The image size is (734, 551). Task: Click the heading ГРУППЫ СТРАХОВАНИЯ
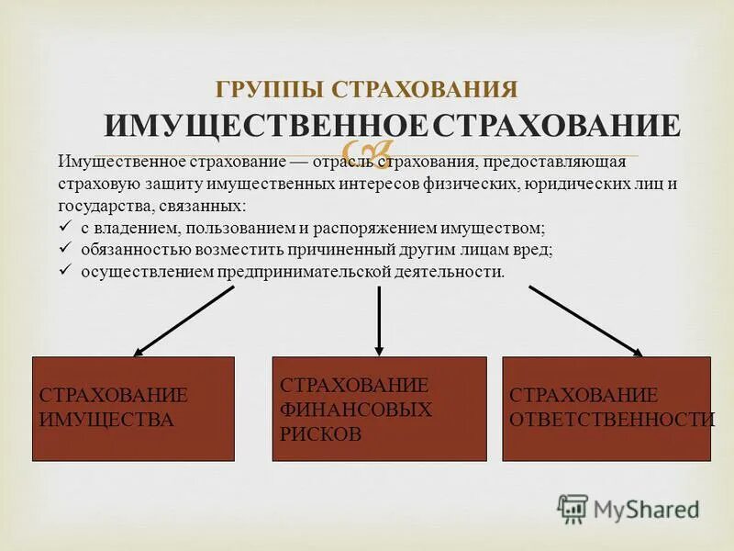tap(367, 90)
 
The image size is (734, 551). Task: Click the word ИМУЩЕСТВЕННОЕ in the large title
tap(266, 126)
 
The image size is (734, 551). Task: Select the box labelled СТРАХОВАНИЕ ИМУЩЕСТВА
tap(133, 409)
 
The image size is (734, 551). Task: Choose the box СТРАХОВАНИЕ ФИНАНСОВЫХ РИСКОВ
tap(380, 409)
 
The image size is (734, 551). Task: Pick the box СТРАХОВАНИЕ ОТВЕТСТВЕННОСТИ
tap(606, 409)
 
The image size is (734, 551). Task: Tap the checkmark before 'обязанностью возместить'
tap(64, 249)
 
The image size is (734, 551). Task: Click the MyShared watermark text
tap(647, 508)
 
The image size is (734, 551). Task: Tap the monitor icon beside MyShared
tap(573, 508)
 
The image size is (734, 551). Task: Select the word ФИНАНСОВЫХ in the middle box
tap(355, 410)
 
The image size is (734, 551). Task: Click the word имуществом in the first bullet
tap(502, 228)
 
